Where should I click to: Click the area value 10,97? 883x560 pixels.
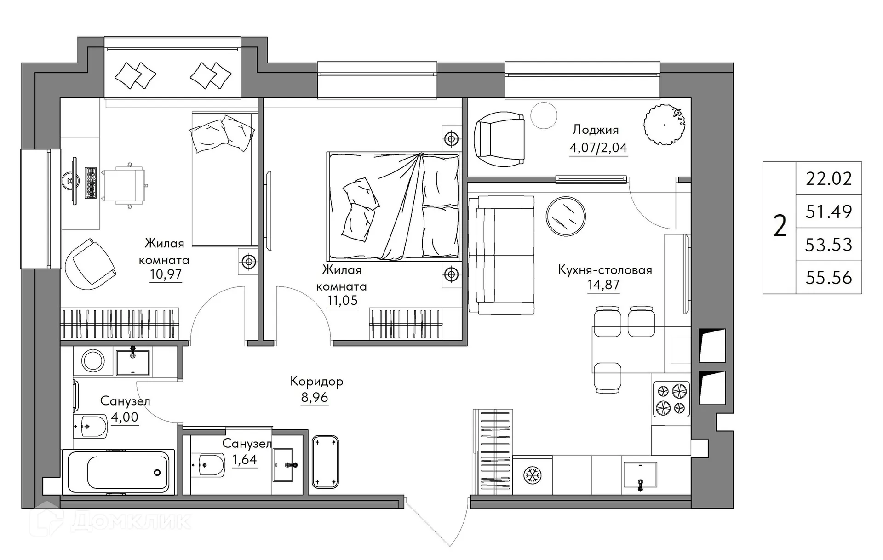tap(166, 274)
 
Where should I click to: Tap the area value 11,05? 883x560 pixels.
tap(342, 301)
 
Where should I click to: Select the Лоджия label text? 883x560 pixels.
tap(595, 130)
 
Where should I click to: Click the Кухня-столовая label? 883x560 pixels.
tap(605, 270)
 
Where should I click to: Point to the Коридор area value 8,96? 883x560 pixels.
tap(315, 398)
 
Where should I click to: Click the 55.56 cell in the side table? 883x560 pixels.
tap(829, 278)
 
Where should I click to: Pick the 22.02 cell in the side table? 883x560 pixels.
tap(829, 178)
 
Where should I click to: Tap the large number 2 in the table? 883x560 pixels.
tap(780, 227)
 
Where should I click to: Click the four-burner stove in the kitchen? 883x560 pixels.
tap(671, 399)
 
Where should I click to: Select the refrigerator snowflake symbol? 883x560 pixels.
tap(533, 475)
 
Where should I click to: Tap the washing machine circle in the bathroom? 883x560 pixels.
tap(93, 360)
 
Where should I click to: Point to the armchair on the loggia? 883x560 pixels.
tap(499, 139)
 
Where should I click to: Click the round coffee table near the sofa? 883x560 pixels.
tap(566, 216)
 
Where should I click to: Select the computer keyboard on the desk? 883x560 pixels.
tap(91, 183)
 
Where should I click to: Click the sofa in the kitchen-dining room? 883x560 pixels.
tap(501, 255)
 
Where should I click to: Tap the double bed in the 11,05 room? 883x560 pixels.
tap(393, 207)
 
